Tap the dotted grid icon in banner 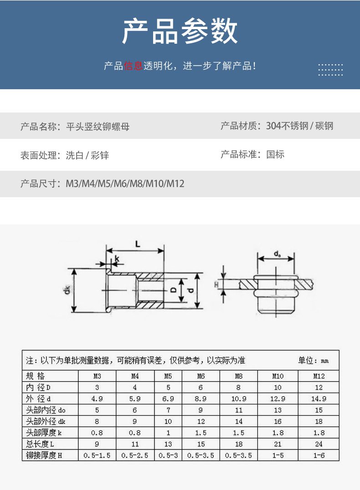(330, 69)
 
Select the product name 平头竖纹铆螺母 (98, 126)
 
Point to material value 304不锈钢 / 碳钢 (300, 126)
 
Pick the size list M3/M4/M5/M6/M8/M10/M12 (125, 184)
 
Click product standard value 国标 (275, 154)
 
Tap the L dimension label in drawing (138, 244)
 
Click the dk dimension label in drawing (67, 290)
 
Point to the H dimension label (216, 285)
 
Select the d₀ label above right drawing (277, 253)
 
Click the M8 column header (239, 376)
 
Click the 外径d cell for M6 (201, 398)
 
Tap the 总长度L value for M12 (319, 444)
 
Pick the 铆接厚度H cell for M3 (97, 455)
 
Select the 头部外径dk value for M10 (278, 421)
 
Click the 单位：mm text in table (313, 361)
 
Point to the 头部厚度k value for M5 (168, 433)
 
